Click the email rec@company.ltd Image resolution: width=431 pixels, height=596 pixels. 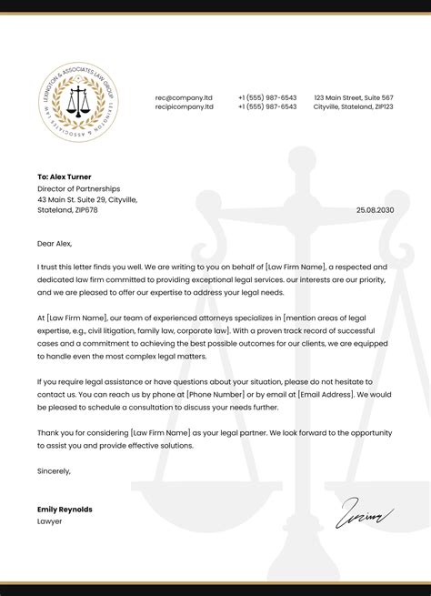[184, 97]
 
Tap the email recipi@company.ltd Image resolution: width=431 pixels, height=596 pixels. [185, 106]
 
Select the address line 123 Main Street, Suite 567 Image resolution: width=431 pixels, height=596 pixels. [354, 97]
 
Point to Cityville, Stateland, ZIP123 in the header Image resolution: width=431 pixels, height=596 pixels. [354, 106]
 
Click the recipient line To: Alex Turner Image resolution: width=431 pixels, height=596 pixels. [65, 177]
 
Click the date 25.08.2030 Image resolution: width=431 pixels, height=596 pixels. [375, 210]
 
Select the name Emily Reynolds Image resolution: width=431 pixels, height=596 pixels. [65, 510]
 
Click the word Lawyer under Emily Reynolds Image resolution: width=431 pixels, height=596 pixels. [49, 521]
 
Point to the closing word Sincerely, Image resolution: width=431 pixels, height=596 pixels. [54, 470]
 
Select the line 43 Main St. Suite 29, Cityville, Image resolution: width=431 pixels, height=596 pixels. [87, 198]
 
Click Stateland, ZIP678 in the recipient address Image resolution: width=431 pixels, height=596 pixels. [67, 209]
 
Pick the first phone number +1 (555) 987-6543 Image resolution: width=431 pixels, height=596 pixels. [267, 97]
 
